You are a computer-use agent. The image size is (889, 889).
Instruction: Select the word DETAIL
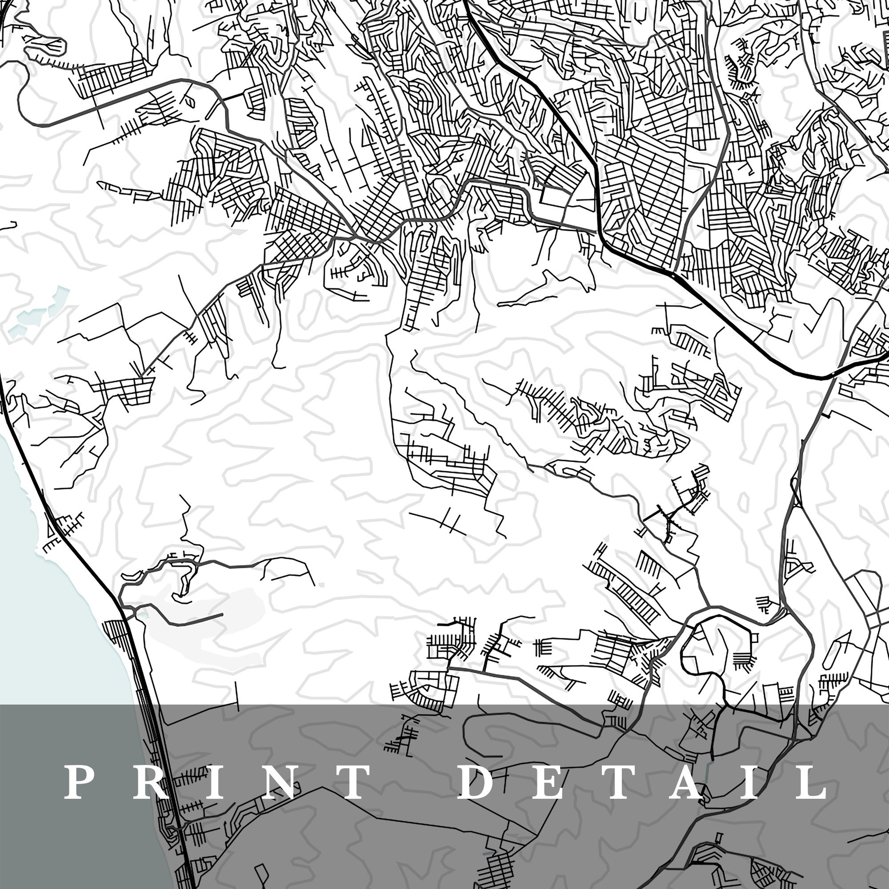(644, 782)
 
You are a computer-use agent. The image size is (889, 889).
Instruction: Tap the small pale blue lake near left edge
(35, 313)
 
